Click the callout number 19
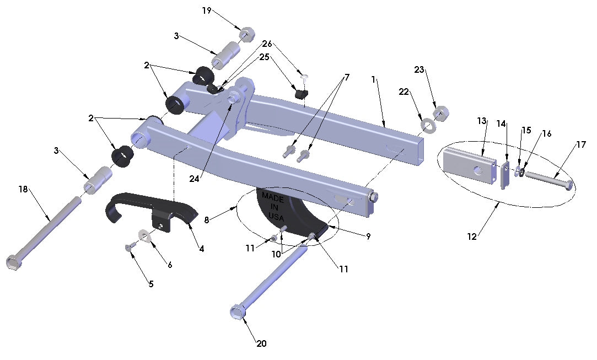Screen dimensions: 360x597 207,10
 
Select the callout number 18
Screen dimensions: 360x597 23,189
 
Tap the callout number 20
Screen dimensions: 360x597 261,343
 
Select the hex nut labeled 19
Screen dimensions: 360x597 245,35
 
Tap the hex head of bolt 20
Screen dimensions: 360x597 236,313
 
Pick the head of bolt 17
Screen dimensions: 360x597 568,186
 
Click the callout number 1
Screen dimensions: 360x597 373,79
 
